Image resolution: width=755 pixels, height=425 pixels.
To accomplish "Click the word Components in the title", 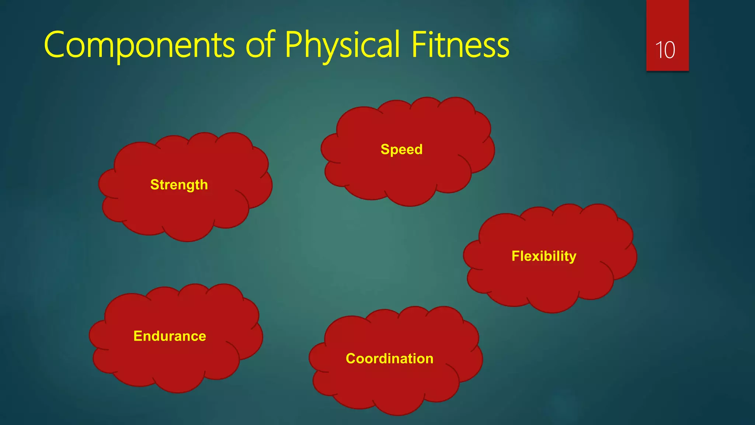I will (139, 45).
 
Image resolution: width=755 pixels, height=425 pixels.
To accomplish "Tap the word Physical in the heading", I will (342, 45).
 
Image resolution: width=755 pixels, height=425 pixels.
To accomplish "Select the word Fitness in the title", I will (460, 45).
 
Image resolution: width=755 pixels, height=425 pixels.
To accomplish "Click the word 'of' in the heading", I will (260, 45).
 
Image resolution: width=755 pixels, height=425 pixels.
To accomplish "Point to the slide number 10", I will (665, 50).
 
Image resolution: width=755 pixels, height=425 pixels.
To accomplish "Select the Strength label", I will (179, 184).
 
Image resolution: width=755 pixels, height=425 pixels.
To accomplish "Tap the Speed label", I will (401, 149).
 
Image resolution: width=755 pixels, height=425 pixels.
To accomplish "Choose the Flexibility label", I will (544, 256).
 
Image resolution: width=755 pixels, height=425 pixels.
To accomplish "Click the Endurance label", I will (170, 336).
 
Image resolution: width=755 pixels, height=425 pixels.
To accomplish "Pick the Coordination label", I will (389, 359).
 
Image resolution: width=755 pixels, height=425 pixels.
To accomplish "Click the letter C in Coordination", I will (351, 359).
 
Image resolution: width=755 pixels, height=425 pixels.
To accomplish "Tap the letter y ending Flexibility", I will (573, 258).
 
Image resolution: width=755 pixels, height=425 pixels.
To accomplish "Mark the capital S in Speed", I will (385, 149).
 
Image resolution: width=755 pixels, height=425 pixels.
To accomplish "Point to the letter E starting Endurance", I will (138, 336).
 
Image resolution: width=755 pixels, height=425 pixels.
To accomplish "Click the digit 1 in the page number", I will (659, 50).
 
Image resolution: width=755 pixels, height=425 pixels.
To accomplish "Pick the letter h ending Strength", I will (204, 184).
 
